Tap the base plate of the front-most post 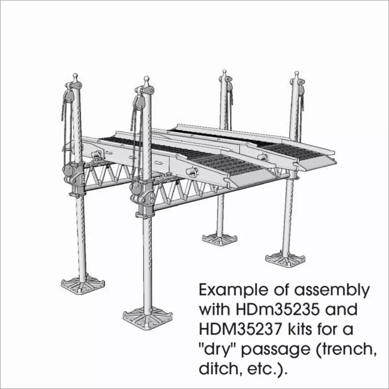coord(148,318)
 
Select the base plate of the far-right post coord(285,259)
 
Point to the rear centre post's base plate coord(220,239)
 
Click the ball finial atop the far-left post coord(75,76)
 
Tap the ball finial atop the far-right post coord(297,73)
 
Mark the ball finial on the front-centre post coord(146,79)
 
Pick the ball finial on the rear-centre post coord(224,71)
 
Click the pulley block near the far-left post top coord(69,96)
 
